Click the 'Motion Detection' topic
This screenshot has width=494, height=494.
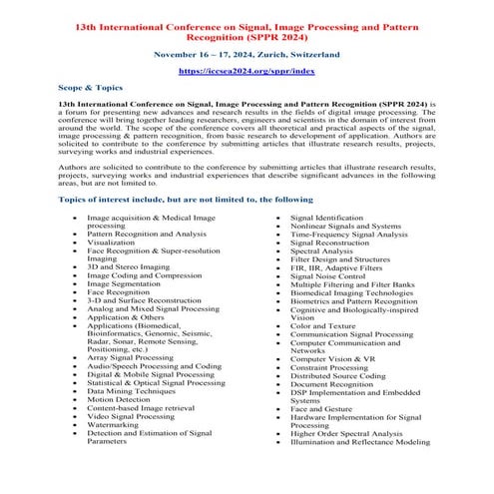pos(117,398)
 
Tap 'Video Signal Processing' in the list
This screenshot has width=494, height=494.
pos(128,416)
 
